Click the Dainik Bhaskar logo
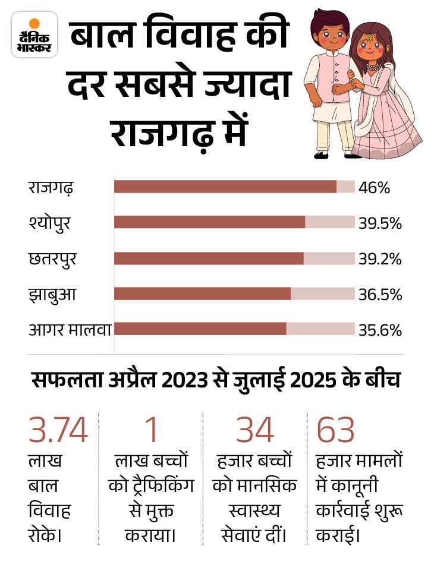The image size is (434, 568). [x=34, y=34]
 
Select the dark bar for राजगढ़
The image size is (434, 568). [x=225, y=187]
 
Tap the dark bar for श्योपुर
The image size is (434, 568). [x=209, y=222]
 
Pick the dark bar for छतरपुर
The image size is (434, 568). [x=209, y=258]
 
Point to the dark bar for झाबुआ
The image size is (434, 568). [x=202, y=294]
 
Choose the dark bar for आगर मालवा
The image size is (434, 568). [x=200, y=329]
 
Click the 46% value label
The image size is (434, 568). [x=374, y=188]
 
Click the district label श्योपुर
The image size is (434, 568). [x=53, y=223]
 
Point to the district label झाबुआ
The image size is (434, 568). [x=52, y=295]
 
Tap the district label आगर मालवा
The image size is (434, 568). [x=70, y=330]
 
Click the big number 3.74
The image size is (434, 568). [x=58, y=430]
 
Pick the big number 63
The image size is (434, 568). [x=336, y=430]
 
